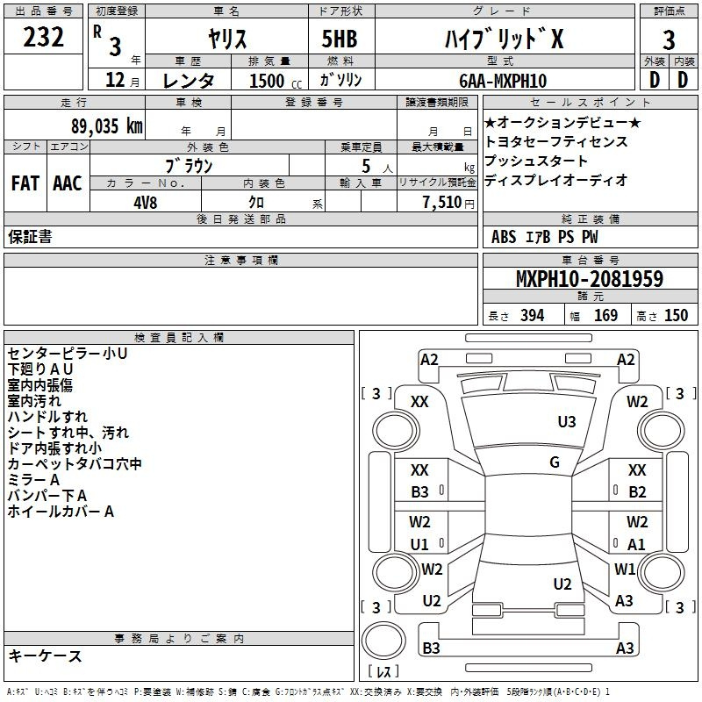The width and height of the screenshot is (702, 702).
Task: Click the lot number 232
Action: pyautogui.click(x=43, y=37)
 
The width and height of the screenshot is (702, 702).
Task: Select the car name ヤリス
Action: pyautogui.click(x=227, y=39)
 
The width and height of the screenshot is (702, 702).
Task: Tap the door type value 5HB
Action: pyautogui.click(x=340, y=39)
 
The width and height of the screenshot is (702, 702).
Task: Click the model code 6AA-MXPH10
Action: pyautogui.click(x=503, y=81)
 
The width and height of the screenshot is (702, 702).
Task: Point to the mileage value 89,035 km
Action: pyautogui.click(x=107, y=125)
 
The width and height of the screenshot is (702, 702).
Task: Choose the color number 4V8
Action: pyautogui.click(x=146, y=203)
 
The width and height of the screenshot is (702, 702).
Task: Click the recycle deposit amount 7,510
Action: pyautogui.click(x=442, y=202)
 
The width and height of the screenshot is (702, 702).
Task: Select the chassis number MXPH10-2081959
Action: pyautogui.click(x=590, y=278)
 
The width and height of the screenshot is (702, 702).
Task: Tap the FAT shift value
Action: pyautogui.click(x=25, y=183)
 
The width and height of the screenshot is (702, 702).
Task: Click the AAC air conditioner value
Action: pyautogui.click(x=68, y=183)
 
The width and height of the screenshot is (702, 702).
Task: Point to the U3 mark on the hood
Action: pyautogui.click(x=567, y=421)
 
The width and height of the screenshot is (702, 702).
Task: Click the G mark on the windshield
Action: pyautogui.click(x=555, y=462)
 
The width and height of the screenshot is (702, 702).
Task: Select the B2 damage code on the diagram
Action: pyautogui.click(x=637, y=492)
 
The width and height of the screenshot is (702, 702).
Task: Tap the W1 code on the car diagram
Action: pyautogui.click(x=625, y=569)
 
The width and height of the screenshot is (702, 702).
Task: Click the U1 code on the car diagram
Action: pyautogui.click(x=419, y=544)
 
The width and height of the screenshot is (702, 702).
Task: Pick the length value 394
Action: pyautogui.click(x=533, y=316)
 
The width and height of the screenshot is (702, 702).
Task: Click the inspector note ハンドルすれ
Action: pyautogui.click(x=47, y=416)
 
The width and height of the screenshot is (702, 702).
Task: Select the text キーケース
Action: pyautogui.click(x=45, y=655)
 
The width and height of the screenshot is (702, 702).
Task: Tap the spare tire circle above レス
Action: pyautogui.click(x=383, y=640)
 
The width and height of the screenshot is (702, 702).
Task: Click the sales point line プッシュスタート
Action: pyautogui.click(x=535, y=161)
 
